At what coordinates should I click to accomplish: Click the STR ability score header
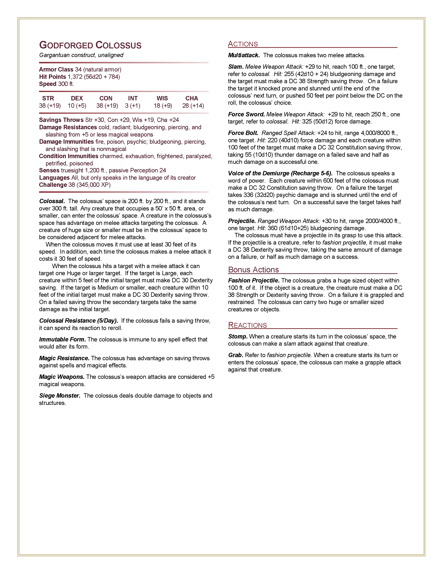(48, 98)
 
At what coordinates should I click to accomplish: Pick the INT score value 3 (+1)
(133, 106)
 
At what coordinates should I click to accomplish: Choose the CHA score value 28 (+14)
(193, 106)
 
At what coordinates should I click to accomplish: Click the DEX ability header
(77, 98)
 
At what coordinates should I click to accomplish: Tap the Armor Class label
(56, 69)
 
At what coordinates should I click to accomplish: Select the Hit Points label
(52, 77)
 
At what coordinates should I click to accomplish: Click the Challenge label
(53, 185)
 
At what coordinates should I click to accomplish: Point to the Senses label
(49, 170)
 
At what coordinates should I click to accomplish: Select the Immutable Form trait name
(63, 339)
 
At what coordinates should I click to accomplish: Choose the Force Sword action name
(246, 114)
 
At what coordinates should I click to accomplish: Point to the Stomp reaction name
(238, 336)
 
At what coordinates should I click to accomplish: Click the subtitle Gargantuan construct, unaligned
(81, 55)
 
